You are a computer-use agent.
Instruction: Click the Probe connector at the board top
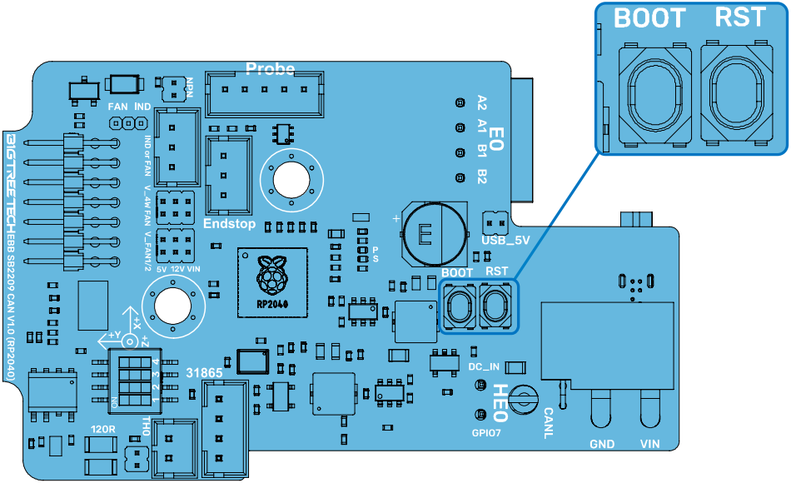click(x=266, y=92)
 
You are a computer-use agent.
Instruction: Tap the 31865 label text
click(x=204, y=373)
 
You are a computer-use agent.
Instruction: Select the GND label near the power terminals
click(x=602, y=445)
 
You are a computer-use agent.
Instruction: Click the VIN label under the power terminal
click(x=649, y=445)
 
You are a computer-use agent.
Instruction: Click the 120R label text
click(x=102, y=430)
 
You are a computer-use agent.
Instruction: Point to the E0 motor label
click(x=496, y=138)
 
